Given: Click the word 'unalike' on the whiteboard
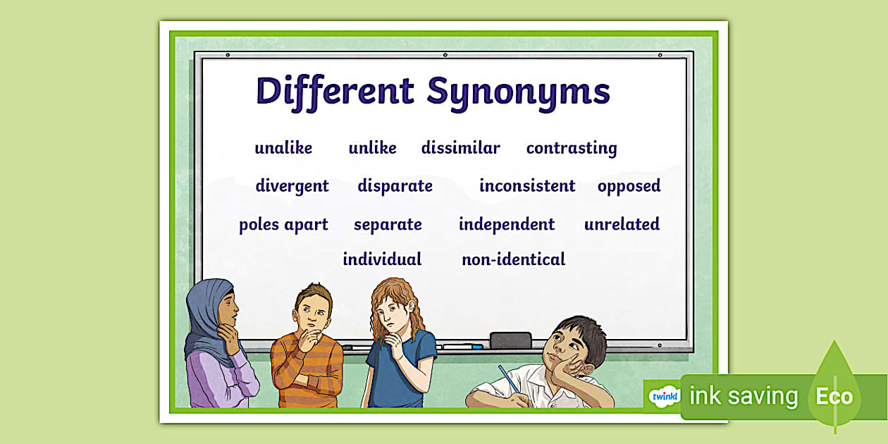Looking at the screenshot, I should [283, 148].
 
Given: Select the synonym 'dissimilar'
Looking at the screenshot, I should [460, 148].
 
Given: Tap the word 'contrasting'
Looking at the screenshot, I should [571, 148].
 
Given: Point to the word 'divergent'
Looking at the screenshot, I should [292, 186].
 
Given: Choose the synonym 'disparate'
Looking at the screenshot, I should [395, 186].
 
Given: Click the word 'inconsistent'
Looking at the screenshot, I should [527, 186].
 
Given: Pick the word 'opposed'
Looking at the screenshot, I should [629, 186].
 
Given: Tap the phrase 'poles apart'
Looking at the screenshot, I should [283, 225].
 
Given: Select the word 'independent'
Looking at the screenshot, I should [506, 225].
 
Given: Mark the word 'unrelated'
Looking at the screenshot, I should [622, 225].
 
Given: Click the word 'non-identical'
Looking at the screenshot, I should [513, 259].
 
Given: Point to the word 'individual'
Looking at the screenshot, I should [382, 259].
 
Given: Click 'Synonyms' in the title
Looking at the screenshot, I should [518, 92].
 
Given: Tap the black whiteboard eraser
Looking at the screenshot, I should [510, 340].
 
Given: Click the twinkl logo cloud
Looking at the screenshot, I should [663, 397].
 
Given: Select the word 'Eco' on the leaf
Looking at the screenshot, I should [834, 396].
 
